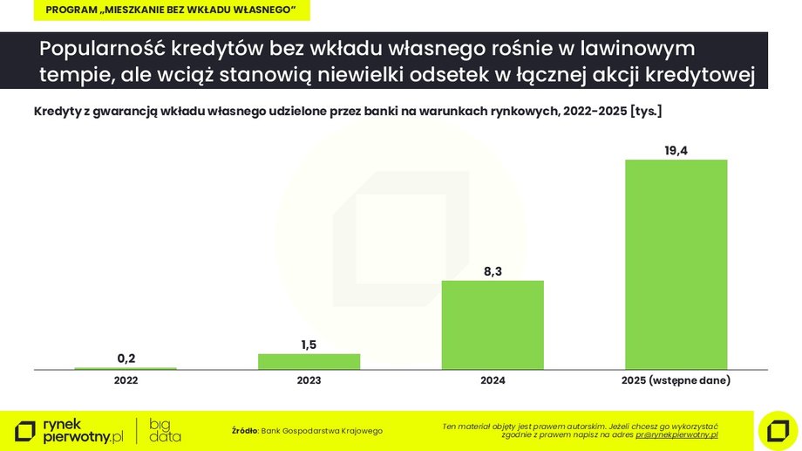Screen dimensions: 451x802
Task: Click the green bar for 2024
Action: tap(493, 325)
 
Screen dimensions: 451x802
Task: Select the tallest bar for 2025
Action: tap(676, 264)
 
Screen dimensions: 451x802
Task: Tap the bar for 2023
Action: tap(309, 361)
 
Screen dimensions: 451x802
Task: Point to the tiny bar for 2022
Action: tap(126, 368)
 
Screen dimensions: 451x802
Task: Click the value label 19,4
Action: tap(676, 151)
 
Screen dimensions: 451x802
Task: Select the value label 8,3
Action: tap(493, 271)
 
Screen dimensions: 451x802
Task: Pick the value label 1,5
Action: tap(309, 345)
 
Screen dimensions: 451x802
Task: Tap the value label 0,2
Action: tap(126, 359)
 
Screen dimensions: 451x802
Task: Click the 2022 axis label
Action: tap(126, 381)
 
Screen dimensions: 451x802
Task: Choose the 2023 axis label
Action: tap(309, 381)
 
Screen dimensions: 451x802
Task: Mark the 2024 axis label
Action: tap(493, 381)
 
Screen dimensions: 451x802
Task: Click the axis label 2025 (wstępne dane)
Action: tap(676, 381)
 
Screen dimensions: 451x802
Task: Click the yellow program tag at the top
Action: tap(171, 10)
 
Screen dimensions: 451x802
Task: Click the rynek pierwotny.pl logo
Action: tap(70, 430)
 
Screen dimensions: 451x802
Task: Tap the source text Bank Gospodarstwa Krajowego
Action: tap(322, 431)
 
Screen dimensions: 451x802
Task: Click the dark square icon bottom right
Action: tap(777, 430)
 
